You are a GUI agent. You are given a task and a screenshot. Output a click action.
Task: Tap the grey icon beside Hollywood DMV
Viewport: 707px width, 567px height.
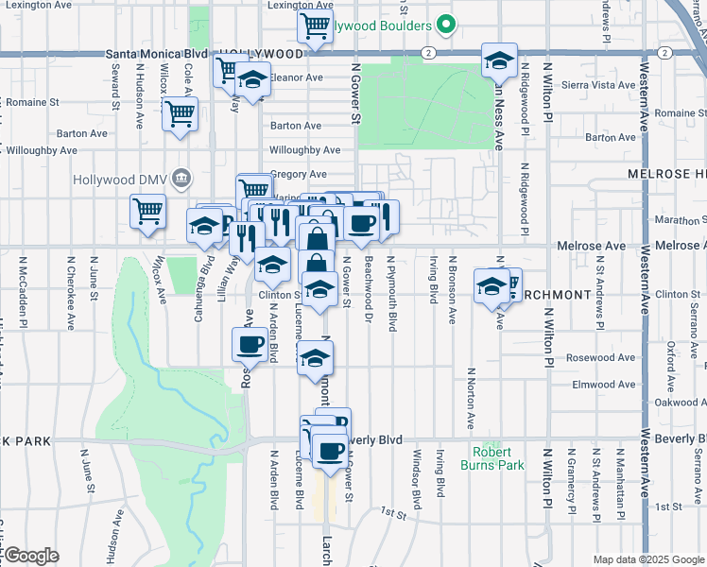tap(182, 178)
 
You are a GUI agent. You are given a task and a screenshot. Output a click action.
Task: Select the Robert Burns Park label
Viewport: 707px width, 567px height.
tap(491, 458)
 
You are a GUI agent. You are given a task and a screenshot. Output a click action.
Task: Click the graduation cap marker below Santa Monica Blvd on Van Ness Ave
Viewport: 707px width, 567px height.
tap(498, 62)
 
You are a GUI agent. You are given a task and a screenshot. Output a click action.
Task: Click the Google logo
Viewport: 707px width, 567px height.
tap(32, 556)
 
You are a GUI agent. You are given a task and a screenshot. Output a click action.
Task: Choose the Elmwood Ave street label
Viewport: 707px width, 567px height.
tap(605, 385)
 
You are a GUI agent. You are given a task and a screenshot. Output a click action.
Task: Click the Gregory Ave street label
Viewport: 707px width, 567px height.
tap(299, 174)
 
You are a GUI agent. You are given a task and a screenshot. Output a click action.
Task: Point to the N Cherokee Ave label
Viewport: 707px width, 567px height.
tap(71, 292)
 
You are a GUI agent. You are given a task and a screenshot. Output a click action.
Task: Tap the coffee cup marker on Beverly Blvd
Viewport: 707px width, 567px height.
tap(330, 451)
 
